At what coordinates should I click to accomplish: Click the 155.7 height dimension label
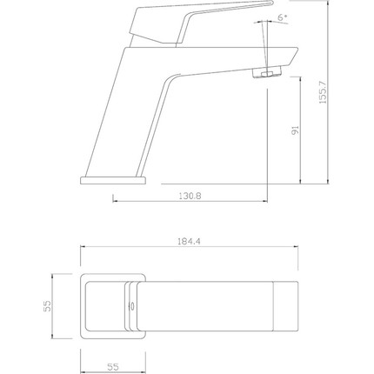323,92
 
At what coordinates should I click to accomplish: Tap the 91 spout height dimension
295,130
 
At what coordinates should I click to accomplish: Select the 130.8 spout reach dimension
190,196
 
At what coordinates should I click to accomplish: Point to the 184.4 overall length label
189,241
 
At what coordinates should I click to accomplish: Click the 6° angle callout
283,17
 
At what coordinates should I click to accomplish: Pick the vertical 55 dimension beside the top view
47,306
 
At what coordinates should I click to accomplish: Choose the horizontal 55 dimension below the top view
113,367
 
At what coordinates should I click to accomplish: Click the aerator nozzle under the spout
267,72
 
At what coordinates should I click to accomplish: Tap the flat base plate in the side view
113,180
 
